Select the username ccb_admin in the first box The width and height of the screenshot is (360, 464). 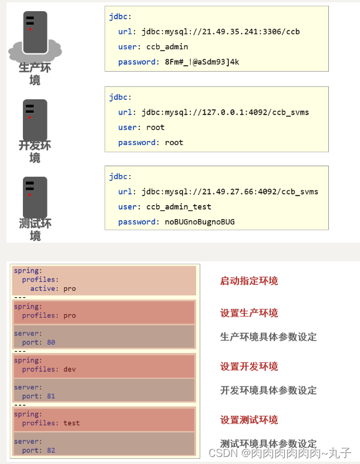165,46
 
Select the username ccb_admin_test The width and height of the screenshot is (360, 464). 179,207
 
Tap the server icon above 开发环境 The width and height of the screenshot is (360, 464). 35,119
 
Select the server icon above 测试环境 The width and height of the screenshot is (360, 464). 35,197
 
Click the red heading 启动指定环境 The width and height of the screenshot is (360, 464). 249,281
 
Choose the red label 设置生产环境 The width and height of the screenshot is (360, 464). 249,313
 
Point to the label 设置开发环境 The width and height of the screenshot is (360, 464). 249,367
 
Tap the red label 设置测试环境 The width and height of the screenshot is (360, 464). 249,420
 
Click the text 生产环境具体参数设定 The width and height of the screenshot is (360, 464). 268,337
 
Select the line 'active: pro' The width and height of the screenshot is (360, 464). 53,288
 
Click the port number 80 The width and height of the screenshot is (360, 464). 51,342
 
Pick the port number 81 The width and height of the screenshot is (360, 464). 51,396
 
